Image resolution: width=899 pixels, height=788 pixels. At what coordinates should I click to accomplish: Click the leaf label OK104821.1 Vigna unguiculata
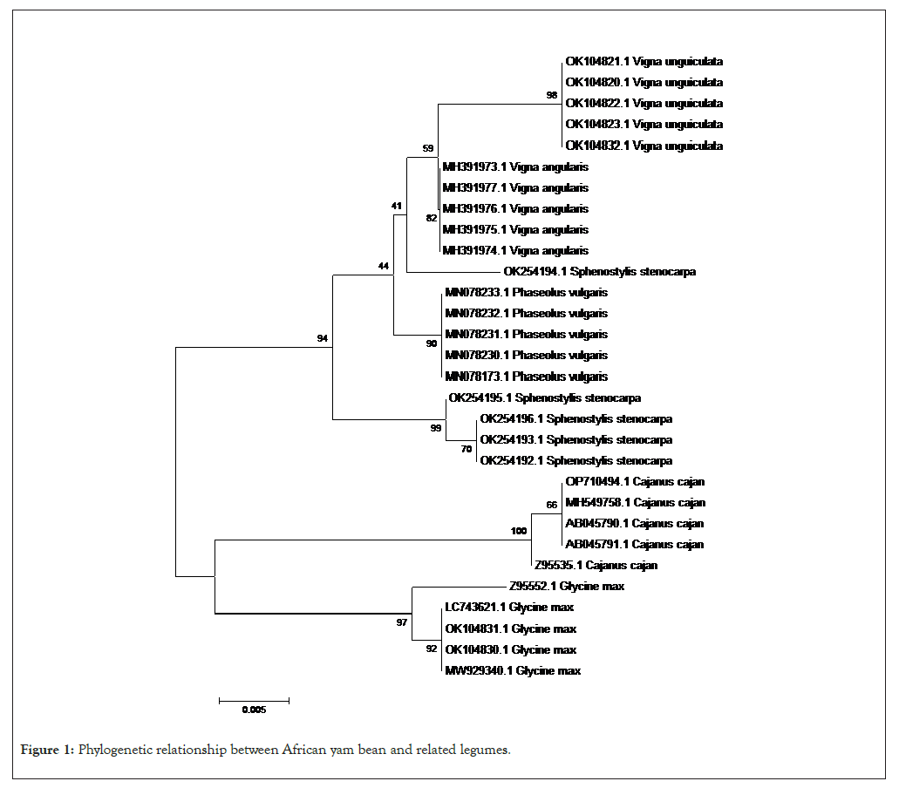[x=644, y=62]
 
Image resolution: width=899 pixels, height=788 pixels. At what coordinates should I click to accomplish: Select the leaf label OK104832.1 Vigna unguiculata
[x=644, y=146]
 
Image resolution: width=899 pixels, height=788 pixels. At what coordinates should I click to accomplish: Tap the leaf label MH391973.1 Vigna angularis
[x=515, y=166]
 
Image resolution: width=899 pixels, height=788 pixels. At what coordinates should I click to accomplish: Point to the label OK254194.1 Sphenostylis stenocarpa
[x=599, y=272]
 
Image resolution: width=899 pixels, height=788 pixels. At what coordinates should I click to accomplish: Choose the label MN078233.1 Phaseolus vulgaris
[x=526, y=293]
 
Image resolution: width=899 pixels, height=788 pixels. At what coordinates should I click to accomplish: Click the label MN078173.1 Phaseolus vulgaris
[x=526, y=377]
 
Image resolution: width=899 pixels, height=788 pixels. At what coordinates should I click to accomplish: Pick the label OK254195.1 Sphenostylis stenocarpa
[x=544, y=398]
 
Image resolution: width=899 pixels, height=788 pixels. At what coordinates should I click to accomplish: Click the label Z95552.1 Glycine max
[x=567, y=587]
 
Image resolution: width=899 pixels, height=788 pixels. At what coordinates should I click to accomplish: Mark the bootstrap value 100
[x=519, y=531]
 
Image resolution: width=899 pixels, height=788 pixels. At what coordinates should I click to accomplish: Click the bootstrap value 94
[x=323, y=338]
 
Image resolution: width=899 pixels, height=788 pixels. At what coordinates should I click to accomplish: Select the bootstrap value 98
[x=551, y=95]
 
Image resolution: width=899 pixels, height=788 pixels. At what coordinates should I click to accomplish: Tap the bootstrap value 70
[x=467, y=449]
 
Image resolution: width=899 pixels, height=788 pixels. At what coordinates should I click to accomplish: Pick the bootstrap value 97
[x=401, y=622]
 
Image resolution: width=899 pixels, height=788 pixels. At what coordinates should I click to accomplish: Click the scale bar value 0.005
[x=254, y=710]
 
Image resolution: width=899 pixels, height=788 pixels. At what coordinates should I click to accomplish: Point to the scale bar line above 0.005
[x=254, y=699]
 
